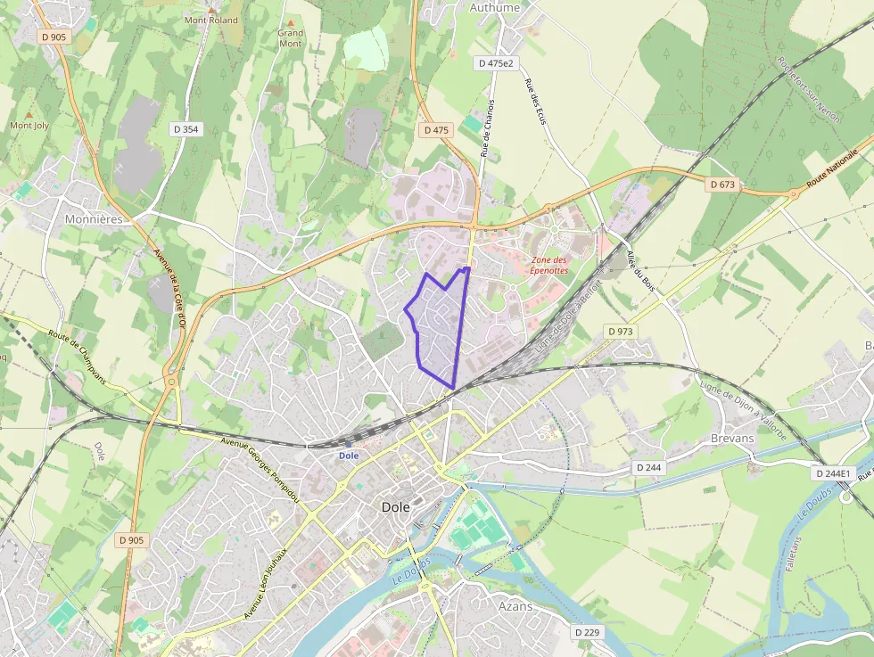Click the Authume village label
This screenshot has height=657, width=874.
point(494,8)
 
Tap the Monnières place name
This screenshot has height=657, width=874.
point(93,218)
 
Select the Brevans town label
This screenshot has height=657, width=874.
point(732,438)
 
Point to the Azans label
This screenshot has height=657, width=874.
point(515,606)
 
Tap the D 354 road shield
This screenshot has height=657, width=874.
point(186,129)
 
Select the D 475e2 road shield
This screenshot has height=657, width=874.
point(496,63)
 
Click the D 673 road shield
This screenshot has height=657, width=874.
point(723,185)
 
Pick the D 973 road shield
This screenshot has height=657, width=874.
point(621,332)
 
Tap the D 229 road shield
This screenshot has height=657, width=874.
point(588,632)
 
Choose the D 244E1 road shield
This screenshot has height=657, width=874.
point(833,473)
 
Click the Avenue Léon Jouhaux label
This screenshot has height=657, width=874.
point(265,583)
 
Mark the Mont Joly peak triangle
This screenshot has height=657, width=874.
point(29,114)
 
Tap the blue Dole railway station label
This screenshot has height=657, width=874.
point(348,455)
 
